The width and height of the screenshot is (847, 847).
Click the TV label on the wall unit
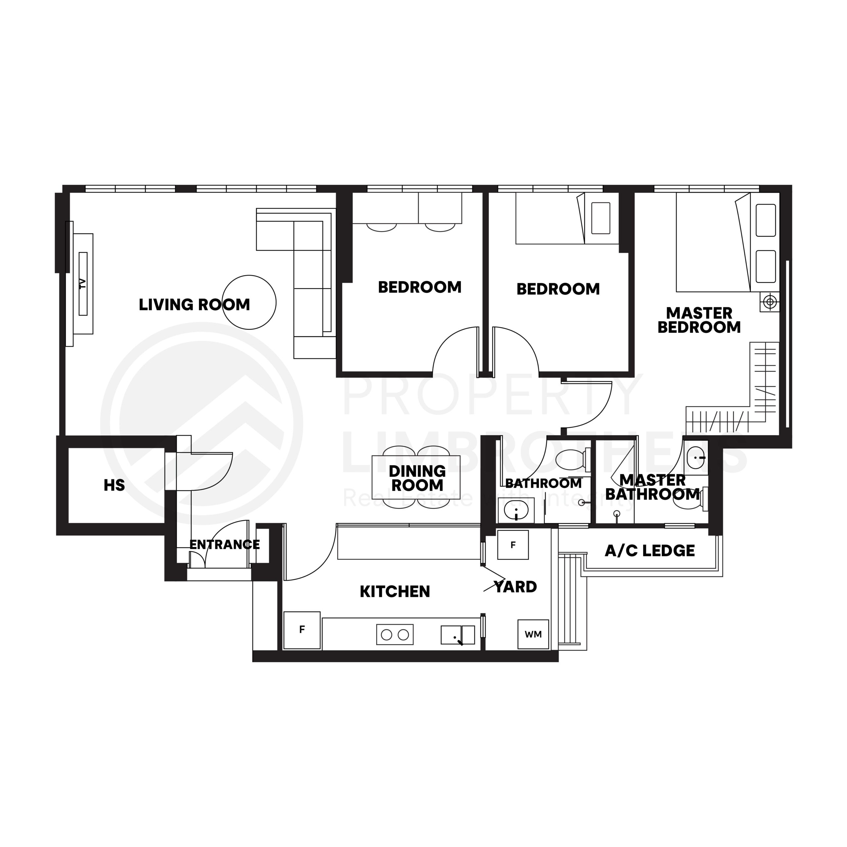(x=82, y=284)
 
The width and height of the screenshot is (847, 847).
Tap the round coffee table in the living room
(x=249, y=302)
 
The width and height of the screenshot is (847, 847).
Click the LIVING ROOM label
(x=194, y=305)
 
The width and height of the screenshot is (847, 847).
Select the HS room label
(x=114, y=485)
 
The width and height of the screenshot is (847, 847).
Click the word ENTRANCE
(x=224, y=545)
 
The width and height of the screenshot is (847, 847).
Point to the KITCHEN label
(x=395, y=592)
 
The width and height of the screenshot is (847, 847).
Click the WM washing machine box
(x=533, y=634)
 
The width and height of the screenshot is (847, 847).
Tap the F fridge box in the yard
(x=513, y=545)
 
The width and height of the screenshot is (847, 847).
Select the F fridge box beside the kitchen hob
(x=302, y=630)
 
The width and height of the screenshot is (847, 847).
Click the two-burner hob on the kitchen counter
(x=395, y=634)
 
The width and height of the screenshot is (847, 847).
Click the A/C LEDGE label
(x=650, y=551)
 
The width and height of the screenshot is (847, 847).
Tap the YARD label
(x=515, y=587)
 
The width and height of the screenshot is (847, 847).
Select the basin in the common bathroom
(x=516, y=510)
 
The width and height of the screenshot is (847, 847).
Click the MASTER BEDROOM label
(x=699, y=320)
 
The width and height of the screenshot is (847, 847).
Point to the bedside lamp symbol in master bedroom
(x=770, y=302)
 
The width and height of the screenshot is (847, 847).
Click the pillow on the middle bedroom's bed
(x=601, y=218)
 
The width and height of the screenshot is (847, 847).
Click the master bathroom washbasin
(x=696, y=457)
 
